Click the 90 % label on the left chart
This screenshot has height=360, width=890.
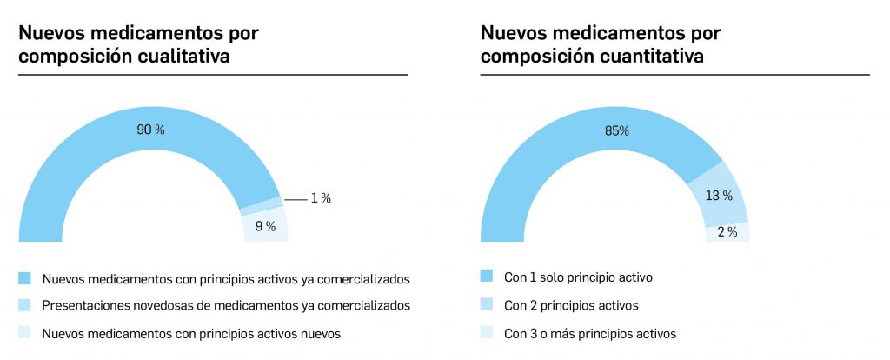tap(150, 130)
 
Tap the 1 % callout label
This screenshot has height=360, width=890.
tap(321, 198)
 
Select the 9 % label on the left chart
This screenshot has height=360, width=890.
tap(265, 227)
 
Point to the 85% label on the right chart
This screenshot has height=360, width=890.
tap(616, 130)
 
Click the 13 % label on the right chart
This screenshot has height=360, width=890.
tap(719, 196)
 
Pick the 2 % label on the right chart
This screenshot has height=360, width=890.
tap(727, 232)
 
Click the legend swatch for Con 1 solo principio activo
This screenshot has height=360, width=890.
tap(487, 277)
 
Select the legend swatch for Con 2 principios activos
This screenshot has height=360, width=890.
tap(487, 305)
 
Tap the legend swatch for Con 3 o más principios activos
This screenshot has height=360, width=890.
tap(487, 333)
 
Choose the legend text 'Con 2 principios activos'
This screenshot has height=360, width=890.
tap(571, 305)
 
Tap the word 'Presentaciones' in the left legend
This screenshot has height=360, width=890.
tap(83, 305)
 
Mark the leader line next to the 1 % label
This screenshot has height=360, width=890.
tap(296, 199)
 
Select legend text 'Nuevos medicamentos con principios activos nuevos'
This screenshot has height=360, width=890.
tap(191, 333)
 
